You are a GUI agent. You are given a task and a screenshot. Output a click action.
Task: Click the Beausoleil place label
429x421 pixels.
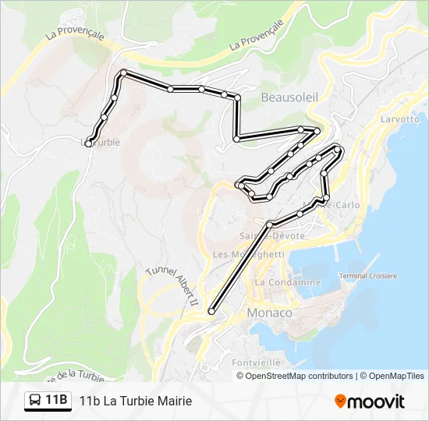289,97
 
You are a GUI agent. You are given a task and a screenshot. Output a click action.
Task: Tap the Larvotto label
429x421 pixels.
399,120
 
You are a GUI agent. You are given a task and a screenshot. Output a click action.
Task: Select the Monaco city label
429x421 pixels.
269,313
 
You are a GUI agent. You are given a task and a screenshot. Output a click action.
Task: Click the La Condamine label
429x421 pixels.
288,282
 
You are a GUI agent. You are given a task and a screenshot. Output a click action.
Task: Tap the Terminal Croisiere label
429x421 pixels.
368,276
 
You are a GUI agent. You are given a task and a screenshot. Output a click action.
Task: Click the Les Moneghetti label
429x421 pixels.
248,254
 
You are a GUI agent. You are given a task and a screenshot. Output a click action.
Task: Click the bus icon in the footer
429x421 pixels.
36,401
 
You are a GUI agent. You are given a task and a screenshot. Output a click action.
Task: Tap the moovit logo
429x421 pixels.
370,402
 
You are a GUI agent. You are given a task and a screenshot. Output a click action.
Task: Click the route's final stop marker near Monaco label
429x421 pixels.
211,312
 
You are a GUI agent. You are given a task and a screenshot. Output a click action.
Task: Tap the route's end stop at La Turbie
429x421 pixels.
89,143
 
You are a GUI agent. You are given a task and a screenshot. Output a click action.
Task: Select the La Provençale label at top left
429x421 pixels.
74,32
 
